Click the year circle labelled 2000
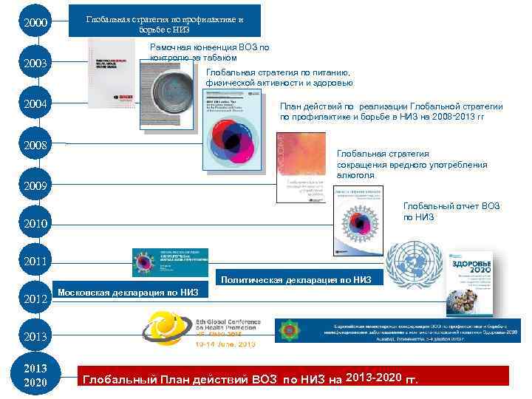tap(35, 24)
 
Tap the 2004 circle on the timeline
tap(35, 104)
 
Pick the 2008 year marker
tap(35, 145)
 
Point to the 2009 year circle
tap(35, 185)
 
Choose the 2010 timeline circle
tap(35, 222)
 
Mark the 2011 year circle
tap(35, 262)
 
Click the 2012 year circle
tap(35, 299)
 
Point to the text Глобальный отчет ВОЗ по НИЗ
tap(451, 211)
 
